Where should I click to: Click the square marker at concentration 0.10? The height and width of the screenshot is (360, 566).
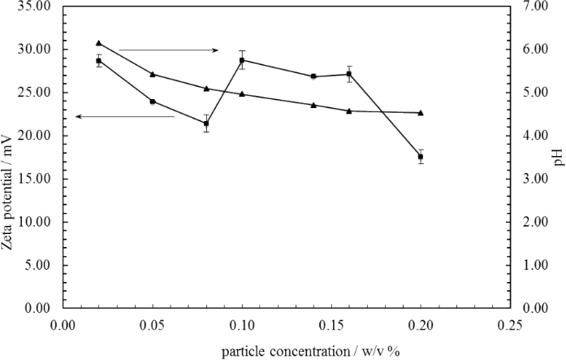click(x=242, y=60)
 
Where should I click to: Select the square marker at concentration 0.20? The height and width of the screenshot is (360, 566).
click(x=421, y=157)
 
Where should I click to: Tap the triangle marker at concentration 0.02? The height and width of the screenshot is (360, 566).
click(x=99, y=43)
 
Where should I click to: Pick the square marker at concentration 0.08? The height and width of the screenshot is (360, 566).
click(x=206, y=124)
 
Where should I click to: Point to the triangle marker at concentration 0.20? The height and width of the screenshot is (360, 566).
click(x=421, y=112)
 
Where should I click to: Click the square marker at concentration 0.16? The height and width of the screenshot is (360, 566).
click(x=349, y=74)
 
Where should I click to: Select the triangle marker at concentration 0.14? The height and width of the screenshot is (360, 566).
click(x=313, y=105)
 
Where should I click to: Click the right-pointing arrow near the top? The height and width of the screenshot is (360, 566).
click(x=168, y=50)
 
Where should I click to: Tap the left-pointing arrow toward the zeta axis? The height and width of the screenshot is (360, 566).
click(x=125, y=117)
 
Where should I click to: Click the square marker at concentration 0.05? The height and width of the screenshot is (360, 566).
click(x=153, y=102)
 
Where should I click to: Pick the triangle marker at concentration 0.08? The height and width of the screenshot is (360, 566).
click(x=206, y=88)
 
